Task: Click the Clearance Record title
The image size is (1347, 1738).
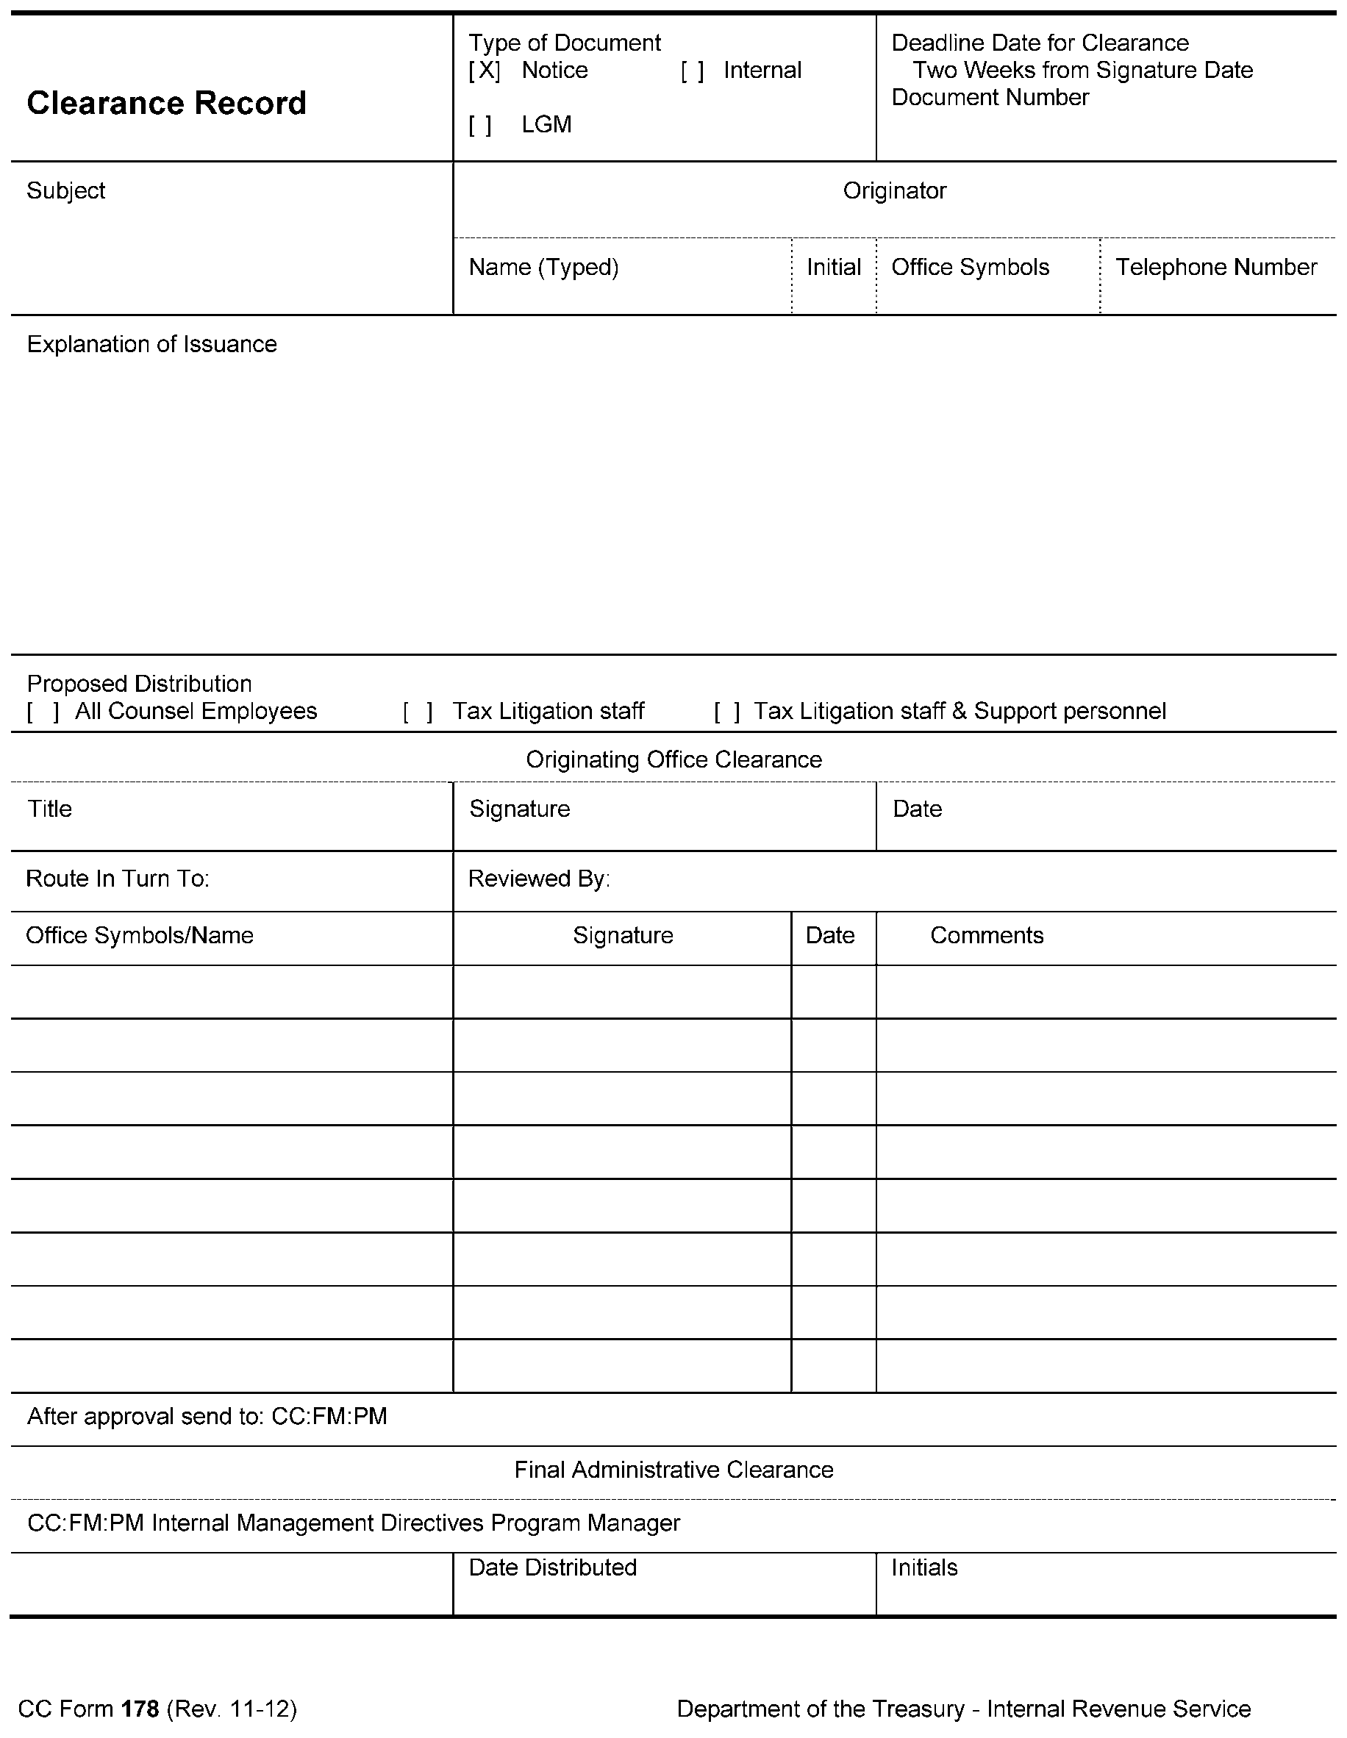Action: click(x=166, y=104)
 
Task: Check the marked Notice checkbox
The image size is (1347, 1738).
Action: click(x=484, y=71)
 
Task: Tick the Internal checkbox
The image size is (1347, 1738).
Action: click(x=692, y=71)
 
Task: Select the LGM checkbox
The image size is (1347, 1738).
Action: click(x=480, y=126)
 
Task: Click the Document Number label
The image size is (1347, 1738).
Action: click(x=990, y=97)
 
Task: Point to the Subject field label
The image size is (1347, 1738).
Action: click(x=66, y=191)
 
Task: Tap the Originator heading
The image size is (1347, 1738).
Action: click(x=894, y=191)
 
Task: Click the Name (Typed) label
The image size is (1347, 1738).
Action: click(x=543, y=268)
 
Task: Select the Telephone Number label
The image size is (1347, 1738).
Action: click(x=1215, y=268)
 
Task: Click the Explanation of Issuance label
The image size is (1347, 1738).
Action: click(x=152, y=345)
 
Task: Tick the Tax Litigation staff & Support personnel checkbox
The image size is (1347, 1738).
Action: click(x=727, y=712)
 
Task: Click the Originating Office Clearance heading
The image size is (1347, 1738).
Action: click(x=673, y=760)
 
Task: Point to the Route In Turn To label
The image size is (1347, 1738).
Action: click(x=118, y=879)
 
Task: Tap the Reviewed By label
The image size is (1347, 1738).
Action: click(x=539, y=879)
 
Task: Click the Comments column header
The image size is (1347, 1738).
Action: click(x=987, y=936)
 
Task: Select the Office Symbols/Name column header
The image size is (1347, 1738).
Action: click(x=140, y=936)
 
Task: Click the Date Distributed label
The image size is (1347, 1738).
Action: click(x=553, y=1567)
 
